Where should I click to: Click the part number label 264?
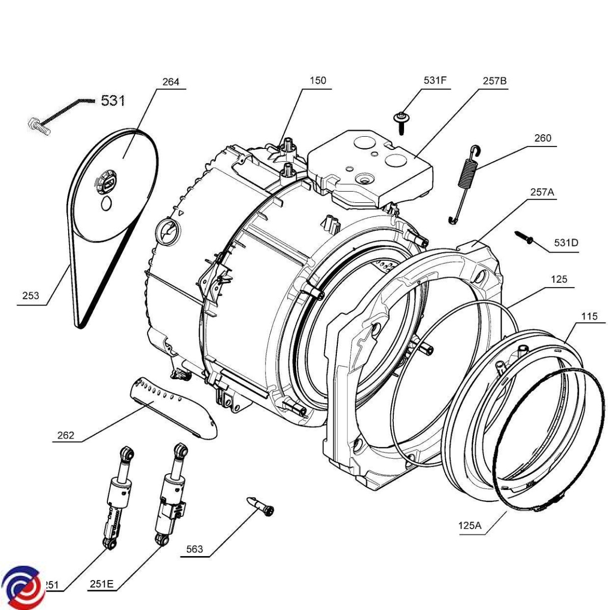170,82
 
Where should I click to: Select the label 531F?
435,81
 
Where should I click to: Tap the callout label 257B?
495,81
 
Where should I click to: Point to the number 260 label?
542,138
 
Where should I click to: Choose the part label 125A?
468,526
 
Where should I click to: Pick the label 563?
194,549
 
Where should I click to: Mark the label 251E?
102,584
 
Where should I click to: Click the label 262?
66,435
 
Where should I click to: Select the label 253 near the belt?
31,296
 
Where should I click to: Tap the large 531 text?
112,101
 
